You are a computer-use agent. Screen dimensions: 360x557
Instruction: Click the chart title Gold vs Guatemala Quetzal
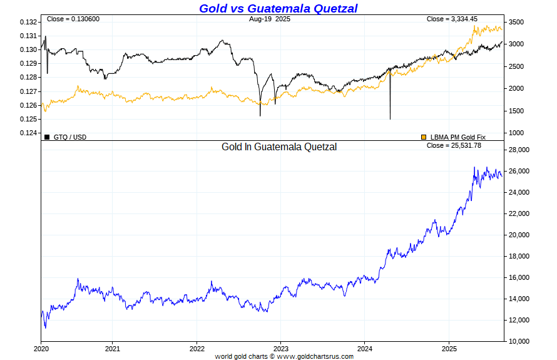pyautogui.click(x=278, y=8)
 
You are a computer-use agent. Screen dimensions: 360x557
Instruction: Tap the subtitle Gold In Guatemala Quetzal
pyautogui.click(x=279, y=147)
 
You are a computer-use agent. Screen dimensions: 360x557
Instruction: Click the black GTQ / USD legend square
pyautogui.click(x=47, y=136)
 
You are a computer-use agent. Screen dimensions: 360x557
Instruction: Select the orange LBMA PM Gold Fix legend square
pyautogui.click(x=424, y=136)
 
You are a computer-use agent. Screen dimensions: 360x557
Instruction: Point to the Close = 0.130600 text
pyautogui.click(x=73, y=19)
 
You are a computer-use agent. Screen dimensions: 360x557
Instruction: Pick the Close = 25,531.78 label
pyautogui.click(x=454, y=145)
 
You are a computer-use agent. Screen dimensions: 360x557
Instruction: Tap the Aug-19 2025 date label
pyautogui.click(x=270, y=19)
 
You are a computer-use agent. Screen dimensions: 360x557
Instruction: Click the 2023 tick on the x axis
pyautogui.click(x=281, y=347)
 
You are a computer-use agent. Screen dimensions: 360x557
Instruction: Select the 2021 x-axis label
pyautogui.click(x=113, y=347)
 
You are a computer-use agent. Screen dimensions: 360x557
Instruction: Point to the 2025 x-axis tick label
pyautogui.click(x=449, y=347)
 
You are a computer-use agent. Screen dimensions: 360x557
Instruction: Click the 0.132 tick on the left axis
pyautogui.click(x=28, y=23)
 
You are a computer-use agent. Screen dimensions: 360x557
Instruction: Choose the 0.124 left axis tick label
pyautogui.click(x=28, y=133)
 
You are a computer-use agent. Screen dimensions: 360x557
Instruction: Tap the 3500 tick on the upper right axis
pyautogui.click(x=515, y=23)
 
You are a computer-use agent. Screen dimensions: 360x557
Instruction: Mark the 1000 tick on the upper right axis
pyautogui.click(x=515, y=133)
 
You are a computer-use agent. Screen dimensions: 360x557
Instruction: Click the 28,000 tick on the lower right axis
pyautogui.click(x=519, y=150)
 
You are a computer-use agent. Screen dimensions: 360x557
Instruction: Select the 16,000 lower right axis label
pyautogui.click(x=519, y=277)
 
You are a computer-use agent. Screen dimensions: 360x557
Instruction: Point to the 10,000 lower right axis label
pyautogui.click(x=519, y=341)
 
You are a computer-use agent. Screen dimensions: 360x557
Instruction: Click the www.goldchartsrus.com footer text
pyautogui.click(x=315, y=356)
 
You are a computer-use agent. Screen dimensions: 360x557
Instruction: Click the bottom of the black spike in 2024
pyautogui.click(x=390, y=118)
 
